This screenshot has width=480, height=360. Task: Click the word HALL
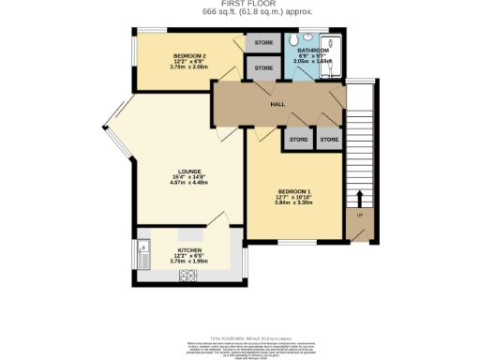[277, 105]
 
